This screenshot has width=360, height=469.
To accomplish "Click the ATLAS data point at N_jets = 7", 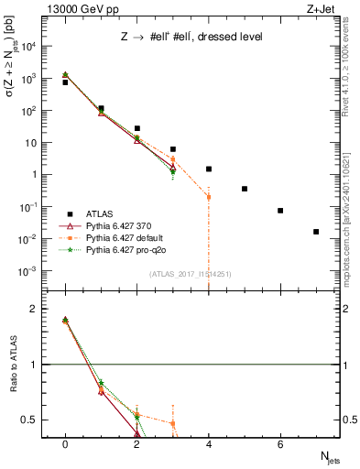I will point(316,232).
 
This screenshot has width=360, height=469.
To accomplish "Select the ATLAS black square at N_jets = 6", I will point(280,211).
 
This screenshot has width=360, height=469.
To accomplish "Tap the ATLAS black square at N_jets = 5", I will point(245,189).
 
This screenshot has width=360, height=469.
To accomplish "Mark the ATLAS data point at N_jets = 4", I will point(209,169).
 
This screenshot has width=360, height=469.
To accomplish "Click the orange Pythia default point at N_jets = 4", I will point(209,197).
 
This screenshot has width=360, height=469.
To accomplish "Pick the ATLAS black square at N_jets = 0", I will point(65,82).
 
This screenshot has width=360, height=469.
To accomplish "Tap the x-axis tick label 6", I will point(280,444).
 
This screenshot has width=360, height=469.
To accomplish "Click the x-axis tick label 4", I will point(209,444).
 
